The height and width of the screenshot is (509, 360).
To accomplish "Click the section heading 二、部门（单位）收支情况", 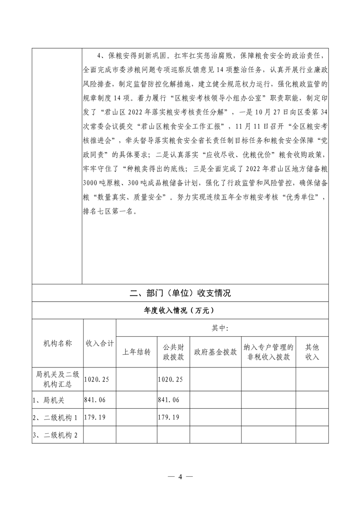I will [x=180, y=293].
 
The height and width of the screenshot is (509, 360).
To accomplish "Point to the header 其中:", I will [x=222, y=328].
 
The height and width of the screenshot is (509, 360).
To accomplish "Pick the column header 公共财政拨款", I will [x=173, y=352].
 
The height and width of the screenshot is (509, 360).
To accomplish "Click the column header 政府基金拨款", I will [x=215, y=352].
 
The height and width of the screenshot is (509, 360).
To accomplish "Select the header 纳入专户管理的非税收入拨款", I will [x=268, y=352].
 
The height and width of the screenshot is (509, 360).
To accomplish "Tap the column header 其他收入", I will [x=312, y=352].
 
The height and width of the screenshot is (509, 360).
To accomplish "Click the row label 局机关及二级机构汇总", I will [x=58, y=379].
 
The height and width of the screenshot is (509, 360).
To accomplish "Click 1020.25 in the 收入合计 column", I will [x=98, y=379].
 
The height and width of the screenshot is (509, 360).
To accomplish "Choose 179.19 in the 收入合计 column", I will [x=96, y=417].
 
